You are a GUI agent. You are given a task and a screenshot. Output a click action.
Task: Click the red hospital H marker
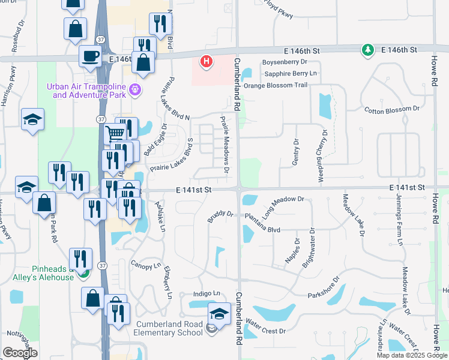click(206, 61)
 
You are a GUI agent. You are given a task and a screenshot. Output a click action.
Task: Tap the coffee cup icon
click(90, 56)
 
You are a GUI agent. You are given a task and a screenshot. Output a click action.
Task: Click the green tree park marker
click(366, 50)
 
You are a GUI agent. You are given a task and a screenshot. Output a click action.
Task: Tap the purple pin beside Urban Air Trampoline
click(136, 91)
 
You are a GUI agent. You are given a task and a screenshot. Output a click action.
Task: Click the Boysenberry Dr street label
click(285, 61)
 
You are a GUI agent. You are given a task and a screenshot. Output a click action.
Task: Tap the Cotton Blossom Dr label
click(391, 109)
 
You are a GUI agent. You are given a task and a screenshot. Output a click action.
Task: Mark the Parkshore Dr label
click(324, 287)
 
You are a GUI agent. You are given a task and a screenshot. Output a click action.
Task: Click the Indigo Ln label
click(206, 293)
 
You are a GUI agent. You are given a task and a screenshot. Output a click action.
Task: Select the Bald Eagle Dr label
click(155, 140)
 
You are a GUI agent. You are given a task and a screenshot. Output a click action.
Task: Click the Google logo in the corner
click(20, 353)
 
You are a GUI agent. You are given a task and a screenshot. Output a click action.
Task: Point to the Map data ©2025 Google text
click(412, 355)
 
